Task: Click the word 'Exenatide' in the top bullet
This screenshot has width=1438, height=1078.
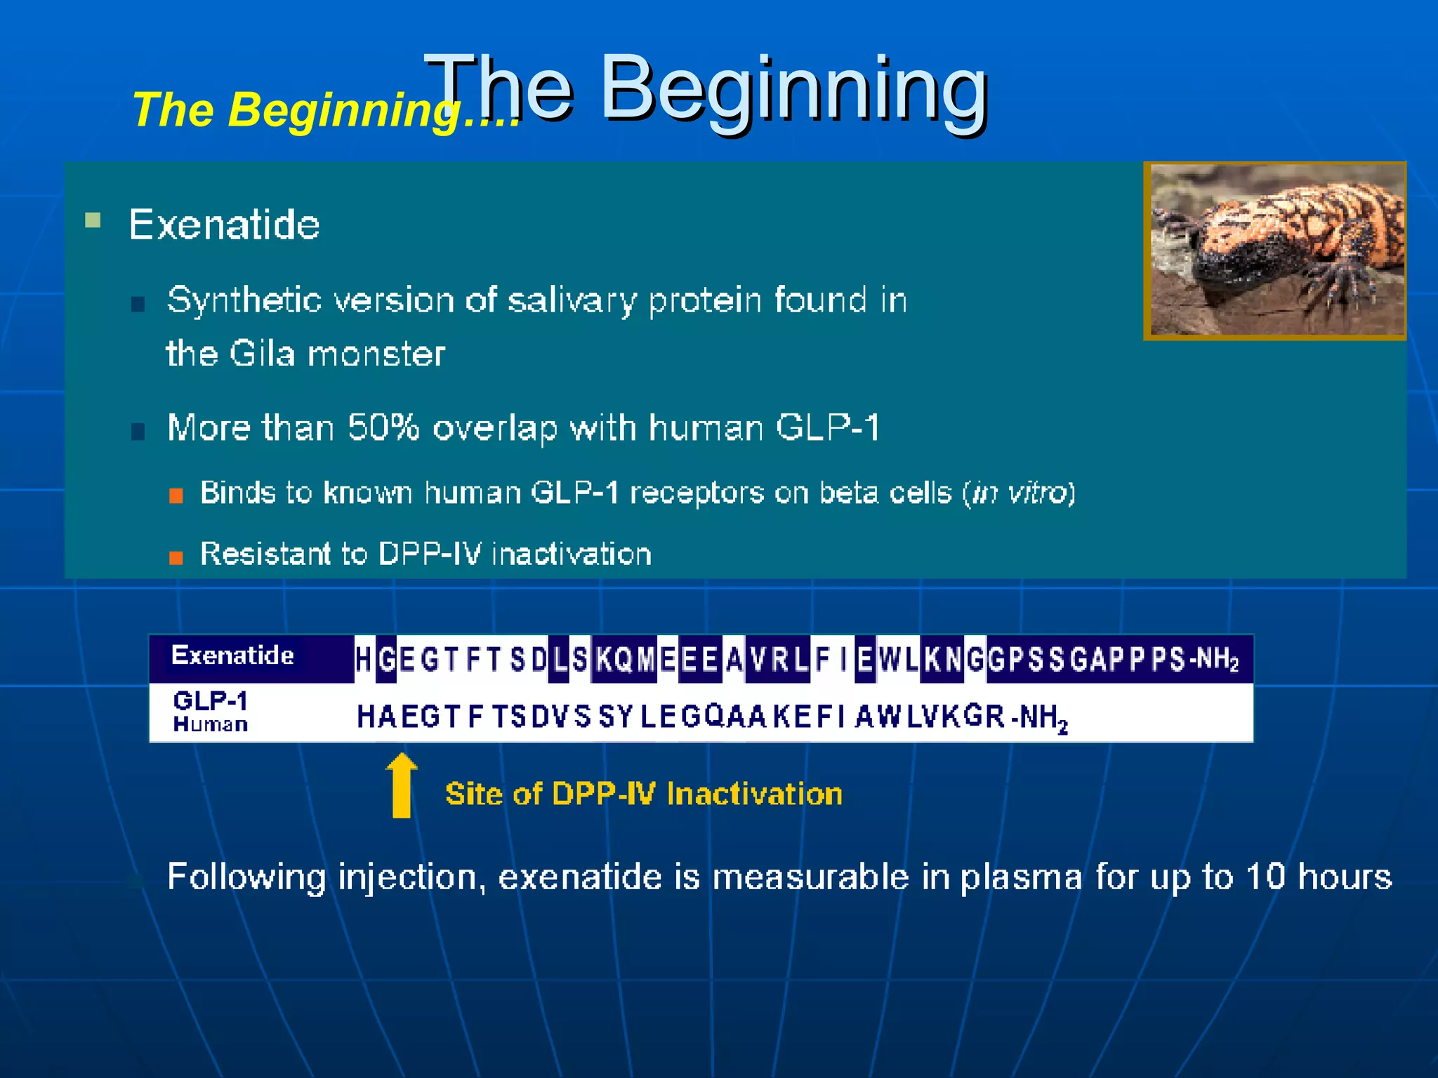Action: point(224,225)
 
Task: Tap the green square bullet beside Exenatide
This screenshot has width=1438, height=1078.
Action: point(93,220)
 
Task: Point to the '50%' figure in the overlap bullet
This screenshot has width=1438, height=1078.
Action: point(383,427)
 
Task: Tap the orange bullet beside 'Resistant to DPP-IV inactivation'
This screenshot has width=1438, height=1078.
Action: point(176,557)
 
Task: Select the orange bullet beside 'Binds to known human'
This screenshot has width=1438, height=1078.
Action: point(176,495)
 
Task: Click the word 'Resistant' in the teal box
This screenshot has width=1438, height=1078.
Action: point(265,554)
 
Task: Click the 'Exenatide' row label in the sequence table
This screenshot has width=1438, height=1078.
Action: point(232,656)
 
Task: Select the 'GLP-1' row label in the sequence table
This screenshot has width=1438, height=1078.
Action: point(210,700)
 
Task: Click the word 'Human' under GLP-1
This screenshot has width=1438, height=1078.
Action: point(210,724)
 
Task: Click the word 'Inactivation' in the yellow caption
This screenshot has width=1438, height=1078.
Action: point(754,794)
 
